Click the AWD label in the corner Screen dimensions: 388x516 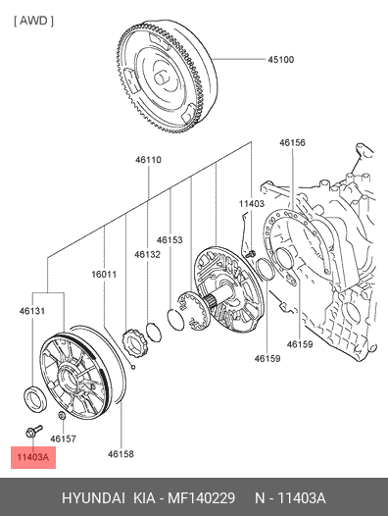33,21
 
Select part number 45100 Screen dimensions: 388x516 281,60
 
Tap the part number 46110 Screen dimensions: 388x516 148,160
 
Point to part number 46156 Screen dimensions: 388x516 292,142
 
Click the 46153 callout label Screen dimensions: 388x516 170,239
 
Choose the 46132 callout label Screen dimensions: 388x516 147,254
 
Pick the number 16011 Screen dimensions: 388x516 104,274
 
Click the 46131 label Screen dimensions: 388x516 32,311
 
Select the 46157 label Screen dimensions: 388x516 63,439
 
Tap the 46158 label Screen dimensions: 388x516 121,454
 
